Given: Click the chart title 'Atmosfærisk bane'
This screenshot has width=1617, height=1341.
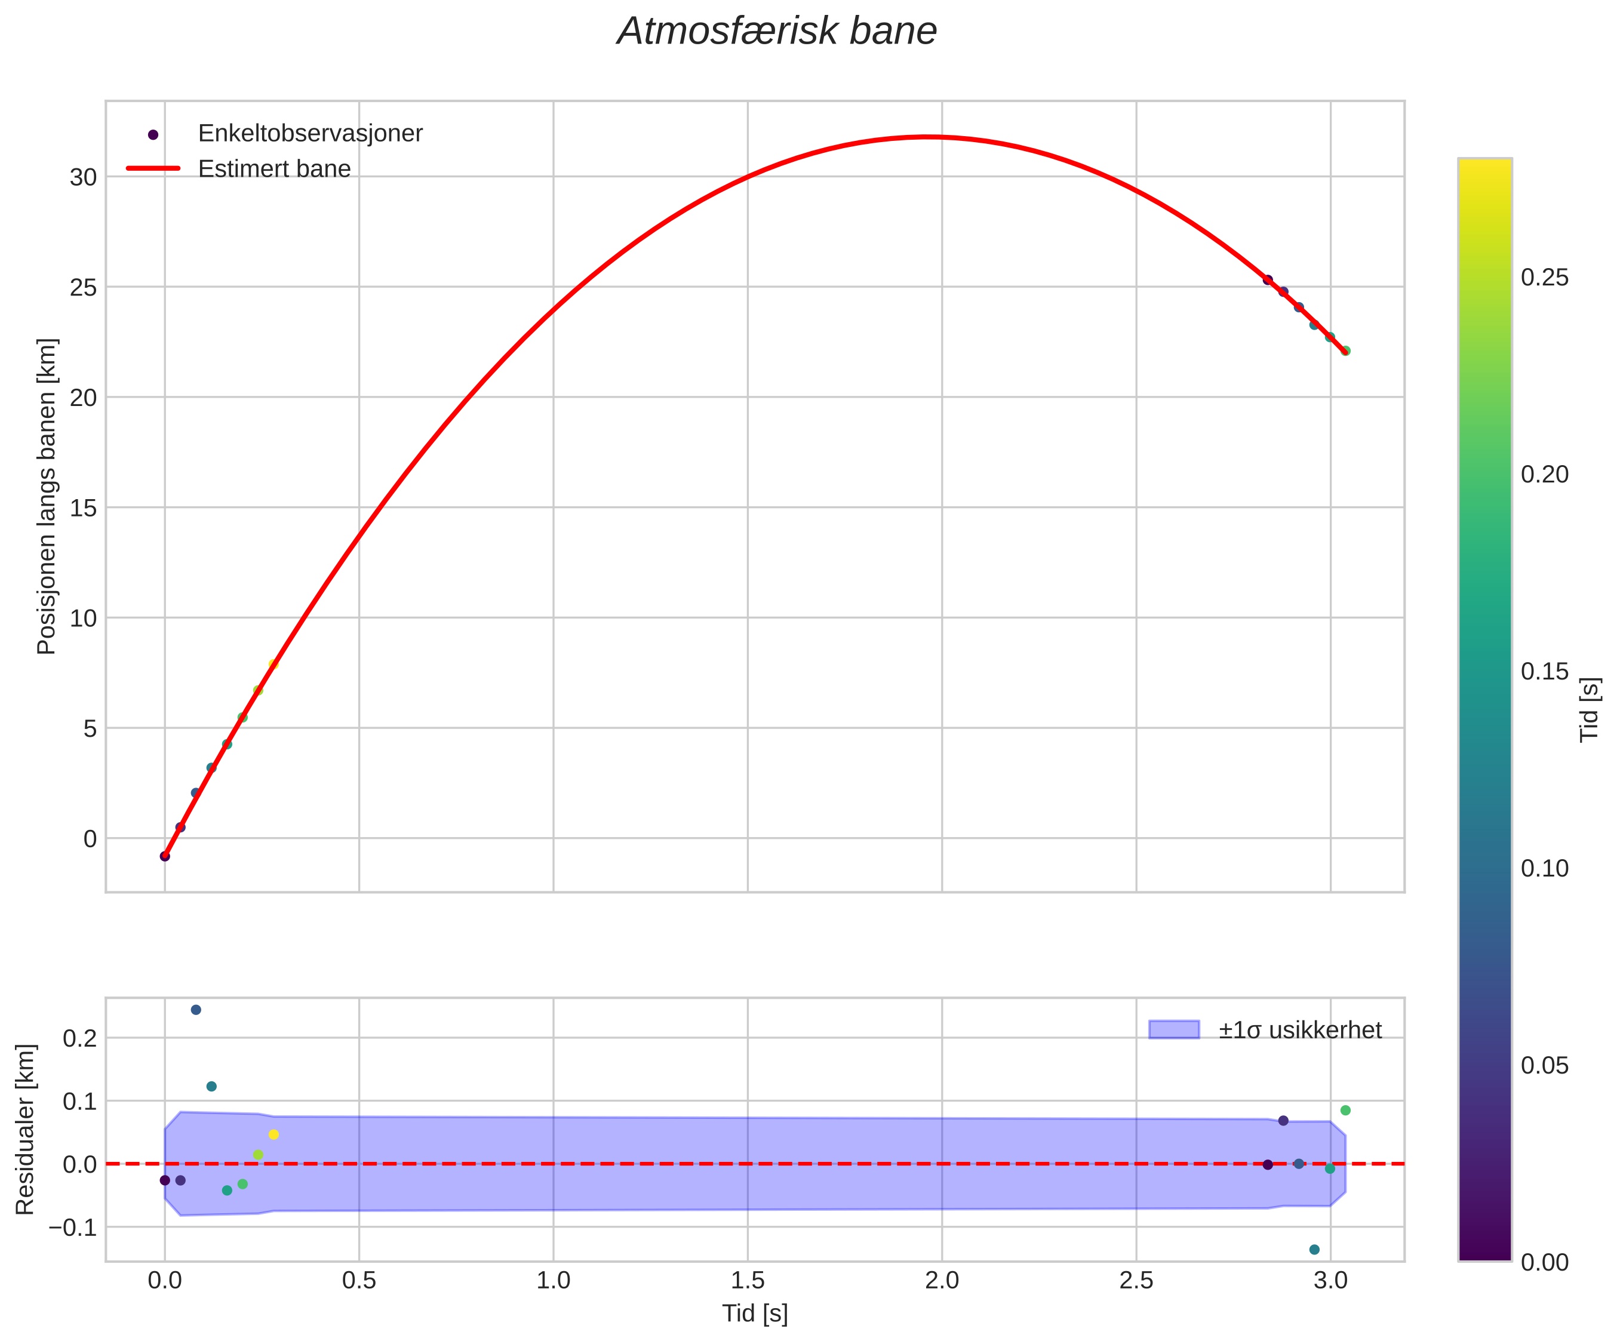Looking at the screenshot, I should [777, 32].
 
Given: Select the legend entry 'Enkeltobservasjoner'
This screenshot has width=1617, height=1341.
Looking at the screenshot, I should [309, 134].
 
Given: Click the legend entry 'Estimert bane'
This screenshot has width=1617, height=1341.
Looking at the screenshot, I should [274, 170].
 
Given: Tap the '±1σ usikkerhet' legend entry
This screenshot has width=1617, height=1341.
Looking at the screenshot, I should [1300, 1030].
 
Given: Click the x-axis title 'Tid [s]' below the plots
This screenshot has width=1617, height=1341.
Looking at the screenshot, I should [755, 1314].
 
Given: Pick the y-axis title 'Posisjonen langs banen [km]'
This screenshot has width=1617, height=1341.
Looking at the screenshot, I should [47, 497].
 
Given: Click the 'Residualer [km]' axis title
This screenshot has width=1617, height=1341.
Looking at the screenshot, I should [26, 1130].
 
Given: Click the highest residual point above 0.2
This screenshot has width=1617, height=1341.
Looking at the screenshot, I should [196, 1010].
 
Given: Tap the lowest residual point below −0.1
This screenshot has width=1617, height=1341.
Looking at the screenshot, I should [1314, 1250].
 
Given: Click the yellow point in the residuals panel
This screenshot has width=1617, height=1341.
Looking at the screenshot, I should [273, 1134].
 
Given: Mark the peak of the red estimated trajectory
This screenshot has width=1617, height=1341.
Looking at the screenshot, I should [929, 137].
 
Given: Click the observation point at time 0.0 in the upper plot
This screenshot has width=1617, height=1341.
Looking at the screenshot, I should [165, 856].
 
